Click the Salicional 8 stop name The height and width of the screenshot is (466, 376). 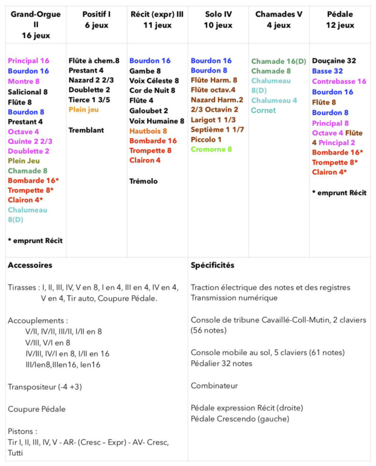pos(28,92)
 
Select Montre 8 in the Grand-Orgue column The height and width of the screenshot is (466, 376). pos(23,82)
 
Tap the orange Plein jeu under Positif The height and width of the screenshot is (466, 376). pos(84,110)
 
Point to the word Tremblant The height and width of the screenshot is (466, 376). pos(86,130)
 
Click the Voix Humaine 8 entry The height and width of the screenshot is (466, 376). pos(157,121)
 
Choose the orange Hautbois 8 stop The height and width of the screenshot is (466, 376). pos(148,131)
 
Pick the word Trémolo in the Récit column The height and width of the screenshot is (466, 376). pos(144,181)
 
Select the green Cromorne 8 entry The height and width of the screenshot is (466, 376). pos(211,150)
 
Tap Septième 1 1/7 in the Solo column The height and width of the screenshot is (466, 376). pos(217,130)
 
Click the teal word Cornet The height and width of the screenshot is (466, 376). pos(263,111)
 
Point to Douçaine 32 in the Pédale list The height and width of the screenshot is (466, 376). pos(334,61)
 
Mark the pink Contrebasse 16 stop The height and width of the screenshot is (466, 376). pos(339,82)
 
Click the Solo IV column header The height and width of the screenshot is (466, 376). pos(218,20)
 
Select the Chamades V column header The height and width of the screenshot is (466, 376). pos(279,20)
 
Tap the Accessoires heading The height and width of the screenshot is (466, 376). pos(30,265)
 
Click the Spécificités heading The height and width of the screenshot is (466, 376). pos(212,265)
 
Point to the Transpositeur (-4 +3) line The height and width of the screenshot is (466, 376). pos(45,387)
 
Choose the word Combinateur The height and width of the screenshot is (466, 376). pos(214,385)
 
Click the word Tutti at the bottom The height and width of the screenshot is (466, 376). pos(15,453)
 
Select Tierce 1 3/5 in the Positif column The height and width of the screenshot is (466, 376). pos(89,100)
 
